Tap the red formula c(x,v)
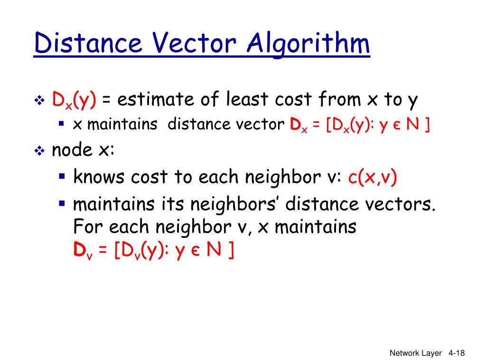click(373, 177)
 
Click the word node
click(71, 150)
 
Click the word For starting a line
click(88, 227)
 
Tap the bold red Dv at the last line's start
click(80, 251)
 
